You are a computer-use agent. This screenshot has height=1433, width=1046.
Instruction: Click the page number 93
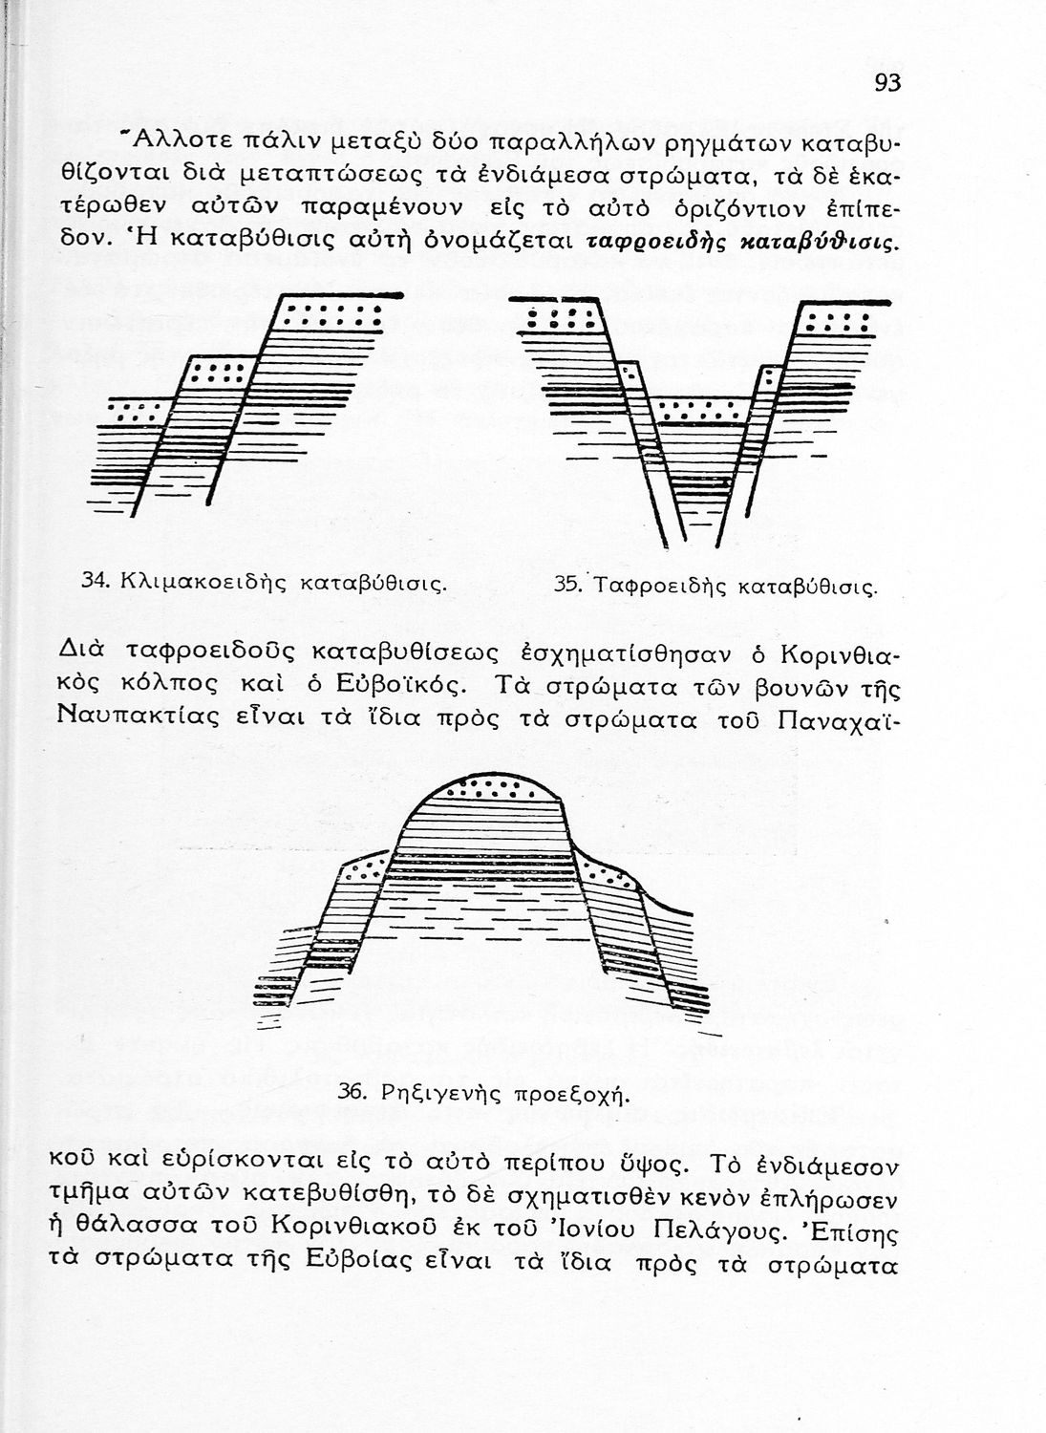pos(886,83)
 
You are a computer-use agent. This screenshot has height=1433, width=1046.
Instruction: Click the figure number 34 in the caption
pos(93,580)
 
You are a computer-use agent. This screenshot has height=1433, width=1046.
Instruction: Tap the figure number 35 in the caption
pos(566,585)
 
